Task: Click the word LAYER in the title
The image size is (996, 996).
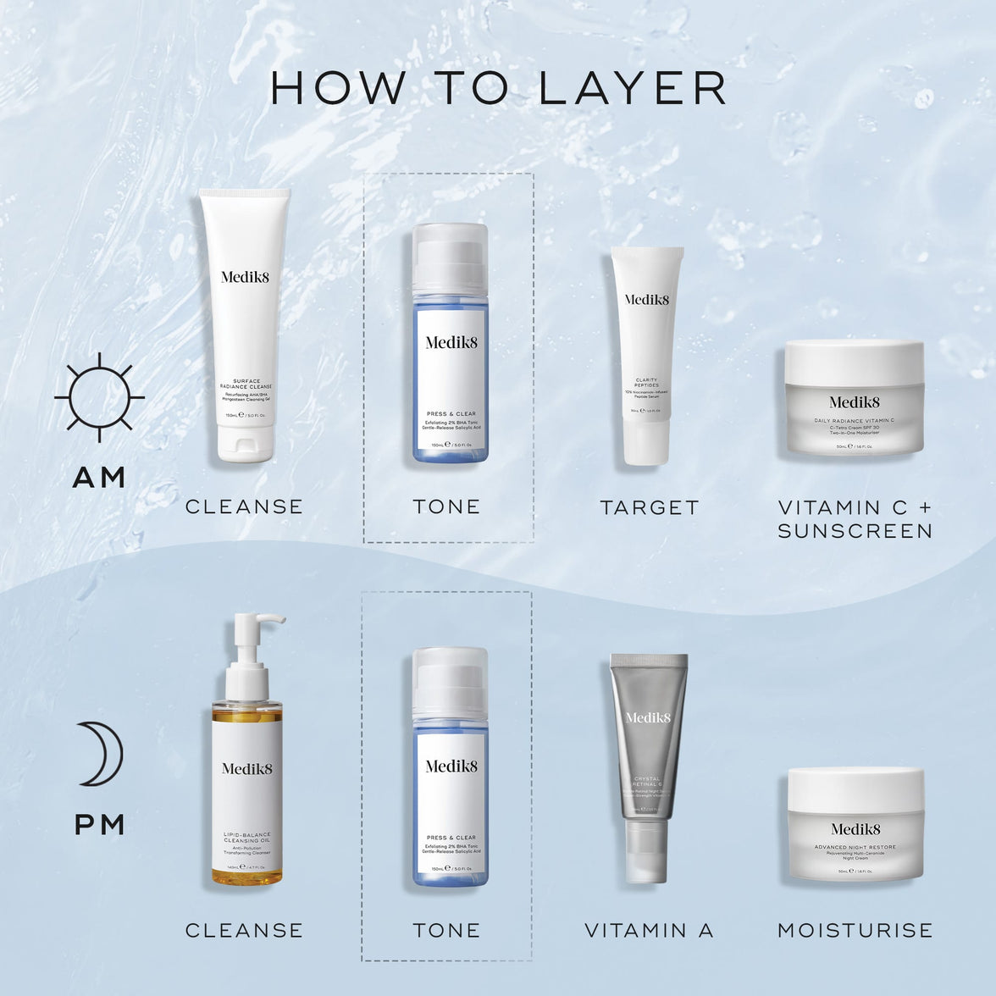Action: pos(632,89)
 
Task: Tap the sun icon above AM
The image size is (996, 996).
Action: pos(99,397)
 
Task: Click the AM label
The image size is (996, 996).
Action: pos(99,478)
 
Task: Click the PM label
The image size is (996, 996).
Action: pos(100,824)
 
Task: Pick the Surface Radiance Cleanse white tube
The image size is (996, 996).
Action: pos(245,313)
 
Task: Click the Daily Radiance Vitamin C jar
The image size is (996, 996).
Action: pos(854,398)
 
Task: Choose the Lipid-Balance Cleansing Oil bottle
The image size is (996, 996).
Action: pos(246,788)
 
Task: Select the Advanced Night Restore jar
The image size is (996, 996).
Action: pos(855,824)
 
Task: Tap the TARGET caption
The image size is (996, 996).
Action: pos(650,507)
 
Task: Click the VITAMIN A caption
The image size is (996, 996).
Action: pos(649,930)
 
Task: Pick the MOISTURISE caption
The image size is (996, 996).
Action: pos(855,930)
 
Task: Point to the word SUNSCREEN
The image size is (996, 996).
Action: pos(855,531)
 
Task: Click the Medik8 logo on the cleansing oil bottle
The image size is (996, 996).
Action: pos(246,768)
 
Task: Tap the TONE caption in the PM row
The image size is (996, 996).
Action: pos(446,930)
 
